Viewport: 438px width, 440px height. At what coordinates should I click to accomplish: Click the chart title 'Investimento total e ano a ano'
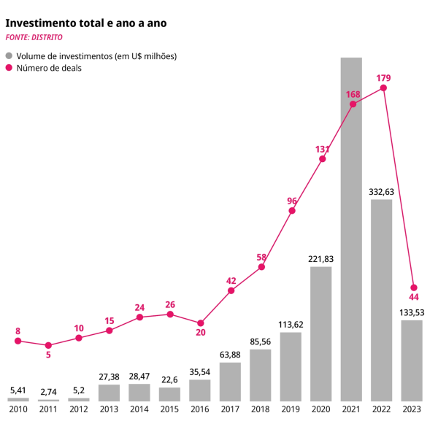[x=86, y=23]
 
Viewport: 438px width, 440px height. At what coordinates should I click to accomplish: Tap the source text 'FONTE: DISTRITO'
[x=34, y=38]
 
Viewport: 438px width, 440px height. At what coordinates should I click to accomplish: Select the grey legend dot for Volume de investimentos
[x=9, y=55]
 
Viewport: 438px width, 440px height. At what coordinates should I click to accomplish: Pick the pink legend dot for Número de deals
[x=9, y=68]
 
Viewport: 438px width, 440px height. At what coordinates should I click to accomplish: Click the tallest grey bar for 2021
[x=352, y=229]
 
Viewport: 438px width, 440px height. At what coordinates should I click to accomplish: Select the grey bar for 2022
[x=382, y=300]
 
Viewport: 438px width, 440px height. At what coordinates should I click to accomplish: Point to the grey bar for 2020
[x=321, y=333]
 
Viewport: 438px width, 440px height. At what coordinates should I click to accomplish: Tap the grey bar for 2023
[x=412, y=360]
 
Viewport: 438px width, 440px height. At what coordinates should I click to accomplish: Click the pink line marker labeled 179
[x=383, y=88]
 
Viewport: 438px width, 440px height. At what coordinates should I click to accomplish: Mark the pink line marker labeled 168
[x=353, y=104]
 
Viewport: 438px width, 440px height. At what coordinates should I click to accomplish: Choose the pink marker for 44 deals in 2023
[x=414, y=287]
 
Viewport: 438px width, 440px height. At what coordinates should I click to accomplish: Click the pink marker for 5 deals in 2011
[x=48, y=345]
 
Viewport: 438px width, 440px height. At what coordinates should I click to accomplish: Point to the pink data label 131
[x=322, y=149]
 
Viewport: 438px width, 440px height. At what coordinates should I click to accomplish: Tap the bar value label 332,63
[x=382, y=191]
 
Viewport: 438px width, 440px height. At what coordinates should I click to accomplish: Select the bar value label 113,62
[x=291, y=324]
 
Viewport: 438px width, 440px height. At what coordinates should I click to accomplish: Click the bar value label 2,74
[x=48, y=391]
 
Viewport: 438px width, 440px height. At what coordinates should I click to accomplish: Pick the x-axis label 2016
[x=200, y=410]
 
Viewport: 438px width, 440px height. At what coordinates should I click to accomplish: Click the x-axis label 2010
[x=18, y=410]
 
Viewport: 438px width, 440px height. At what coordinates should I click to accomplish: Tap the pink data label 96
[x=292, y=201]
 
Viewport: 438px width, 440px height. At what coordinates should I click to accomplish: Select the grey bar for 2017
[x=230, y=382]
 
